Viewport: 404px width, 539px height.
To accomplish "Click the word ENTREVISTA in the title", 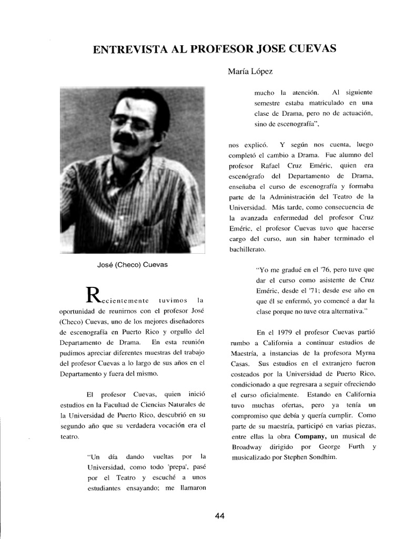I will coord(129,49).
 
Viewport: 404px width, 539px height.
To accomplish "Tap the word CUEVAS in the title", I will coord(310,49).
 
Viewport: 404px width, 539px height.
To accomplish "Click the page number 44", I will coord(220,516).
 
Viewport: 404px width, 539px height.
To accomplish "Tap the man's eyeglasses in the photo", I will coord(130,123).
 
